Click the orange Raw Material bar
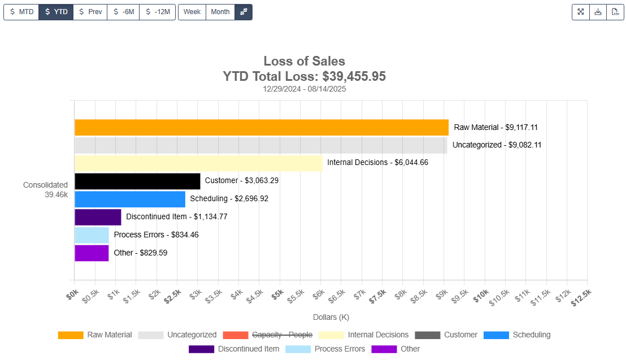tap(261, 127)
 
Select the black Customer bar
tap(137, 181)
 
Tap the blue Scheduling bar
tap(130, 199)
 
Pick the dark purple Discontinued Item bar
tap(98, 217)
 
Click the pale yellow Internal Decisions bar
tap(198, 163)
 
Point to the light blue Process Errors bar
tap(92, 235)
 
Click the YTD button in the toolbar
tap(56, 12)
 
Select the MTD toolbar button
tap(21, 12)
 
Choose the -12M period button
tap(158, 12)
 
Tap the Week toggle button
tap(192, 12)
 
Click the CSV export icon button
tap(615, 12)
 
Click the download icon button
tap(598, 12)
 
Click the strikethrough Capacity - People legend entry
tap(281, 335)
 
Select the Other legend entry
tap(410, 349)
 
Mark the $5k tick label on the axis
tap(277, 297)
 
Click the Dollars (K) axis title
tap(331, 318)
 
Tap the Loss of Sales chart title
tap(304, 61)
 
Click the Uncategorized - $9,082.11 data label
tap(497, 145)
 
